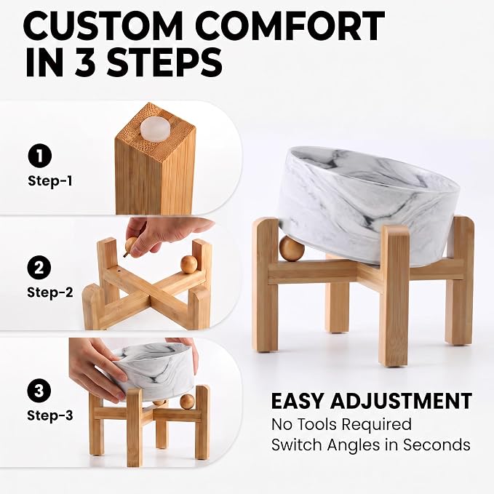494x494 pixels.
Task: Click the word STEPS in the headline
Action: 165,62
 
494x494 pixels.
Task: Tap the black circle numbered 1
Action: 40,156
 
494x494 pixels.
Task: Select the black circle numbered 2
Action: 39,268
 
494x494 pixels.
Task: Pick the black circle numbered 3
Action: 39,391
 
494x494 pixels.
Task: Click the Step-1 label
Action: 50,181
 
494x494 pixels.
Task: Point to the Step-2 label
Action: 50,292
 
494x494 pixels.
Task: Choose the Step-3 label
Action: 50,415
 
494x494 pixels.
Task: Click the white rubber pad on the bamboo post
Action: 155,127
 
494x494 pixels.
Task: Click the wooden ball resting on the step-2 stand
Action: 188,264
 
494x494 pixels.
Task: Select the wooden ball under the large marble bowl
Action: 292,249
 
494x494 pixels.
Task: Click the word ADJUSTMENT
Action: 401,401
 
